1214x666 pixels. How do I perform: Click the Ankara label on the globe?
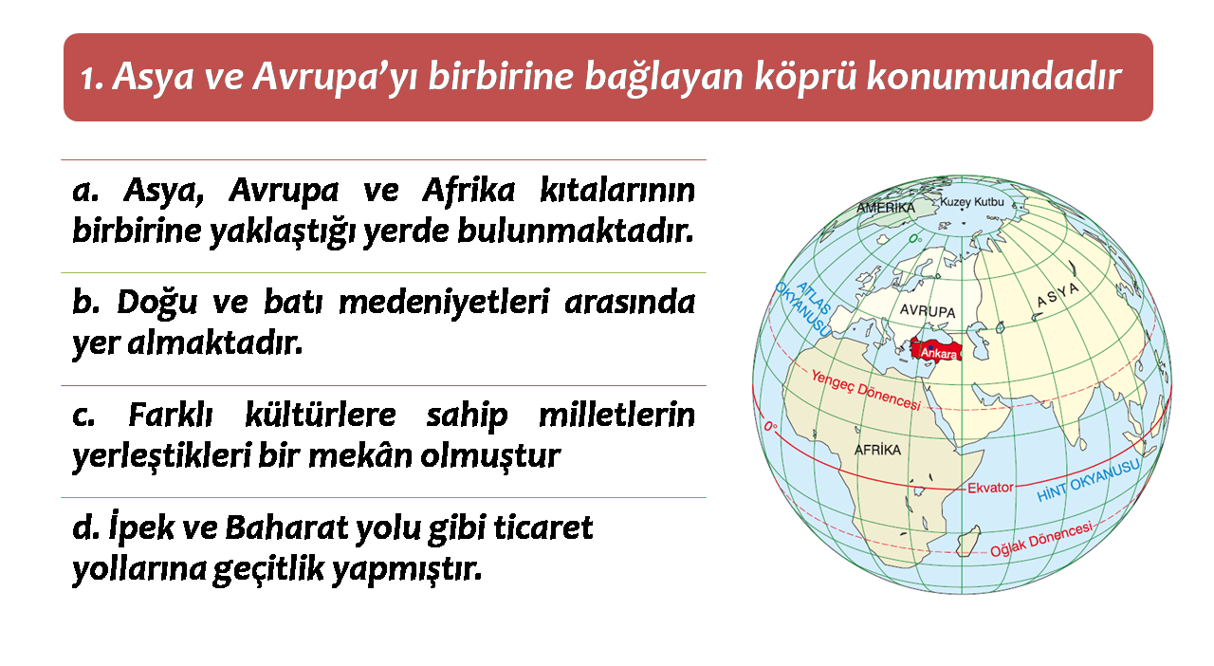click(939, 354)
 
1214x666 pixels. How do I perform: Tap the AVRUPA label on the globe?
click(928, 311)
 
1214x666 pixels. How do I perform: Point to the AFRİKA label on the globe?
click(877, 450)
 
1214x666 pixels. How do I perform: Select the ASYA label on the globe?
click(1058, 295)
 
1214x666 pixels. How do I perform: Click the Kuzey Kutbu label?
click(972, 202)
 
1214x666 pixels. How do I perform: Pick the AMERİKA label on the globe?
click(886, 208)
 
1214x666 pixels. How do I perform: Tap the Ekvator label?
click(990, 488)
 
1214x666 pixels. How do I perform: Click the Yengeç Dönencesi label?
click(866, 389)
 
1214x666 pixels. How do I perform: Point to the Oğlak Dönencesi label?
click(1041, 539)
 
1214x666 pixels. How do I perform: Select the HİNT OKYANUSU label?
click(1088, 480)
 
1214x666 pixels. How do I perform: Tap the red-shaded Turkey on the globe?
click(936, 349)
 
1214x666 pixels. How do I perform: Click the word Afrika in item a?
click(469, 191)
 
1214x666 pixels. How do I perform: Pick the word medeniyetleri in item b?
click(445, 302)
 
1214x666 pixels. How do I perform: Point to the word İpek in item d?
click(141, 527)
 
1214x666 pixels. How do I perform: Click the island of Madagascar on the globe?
click(967, 542)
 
